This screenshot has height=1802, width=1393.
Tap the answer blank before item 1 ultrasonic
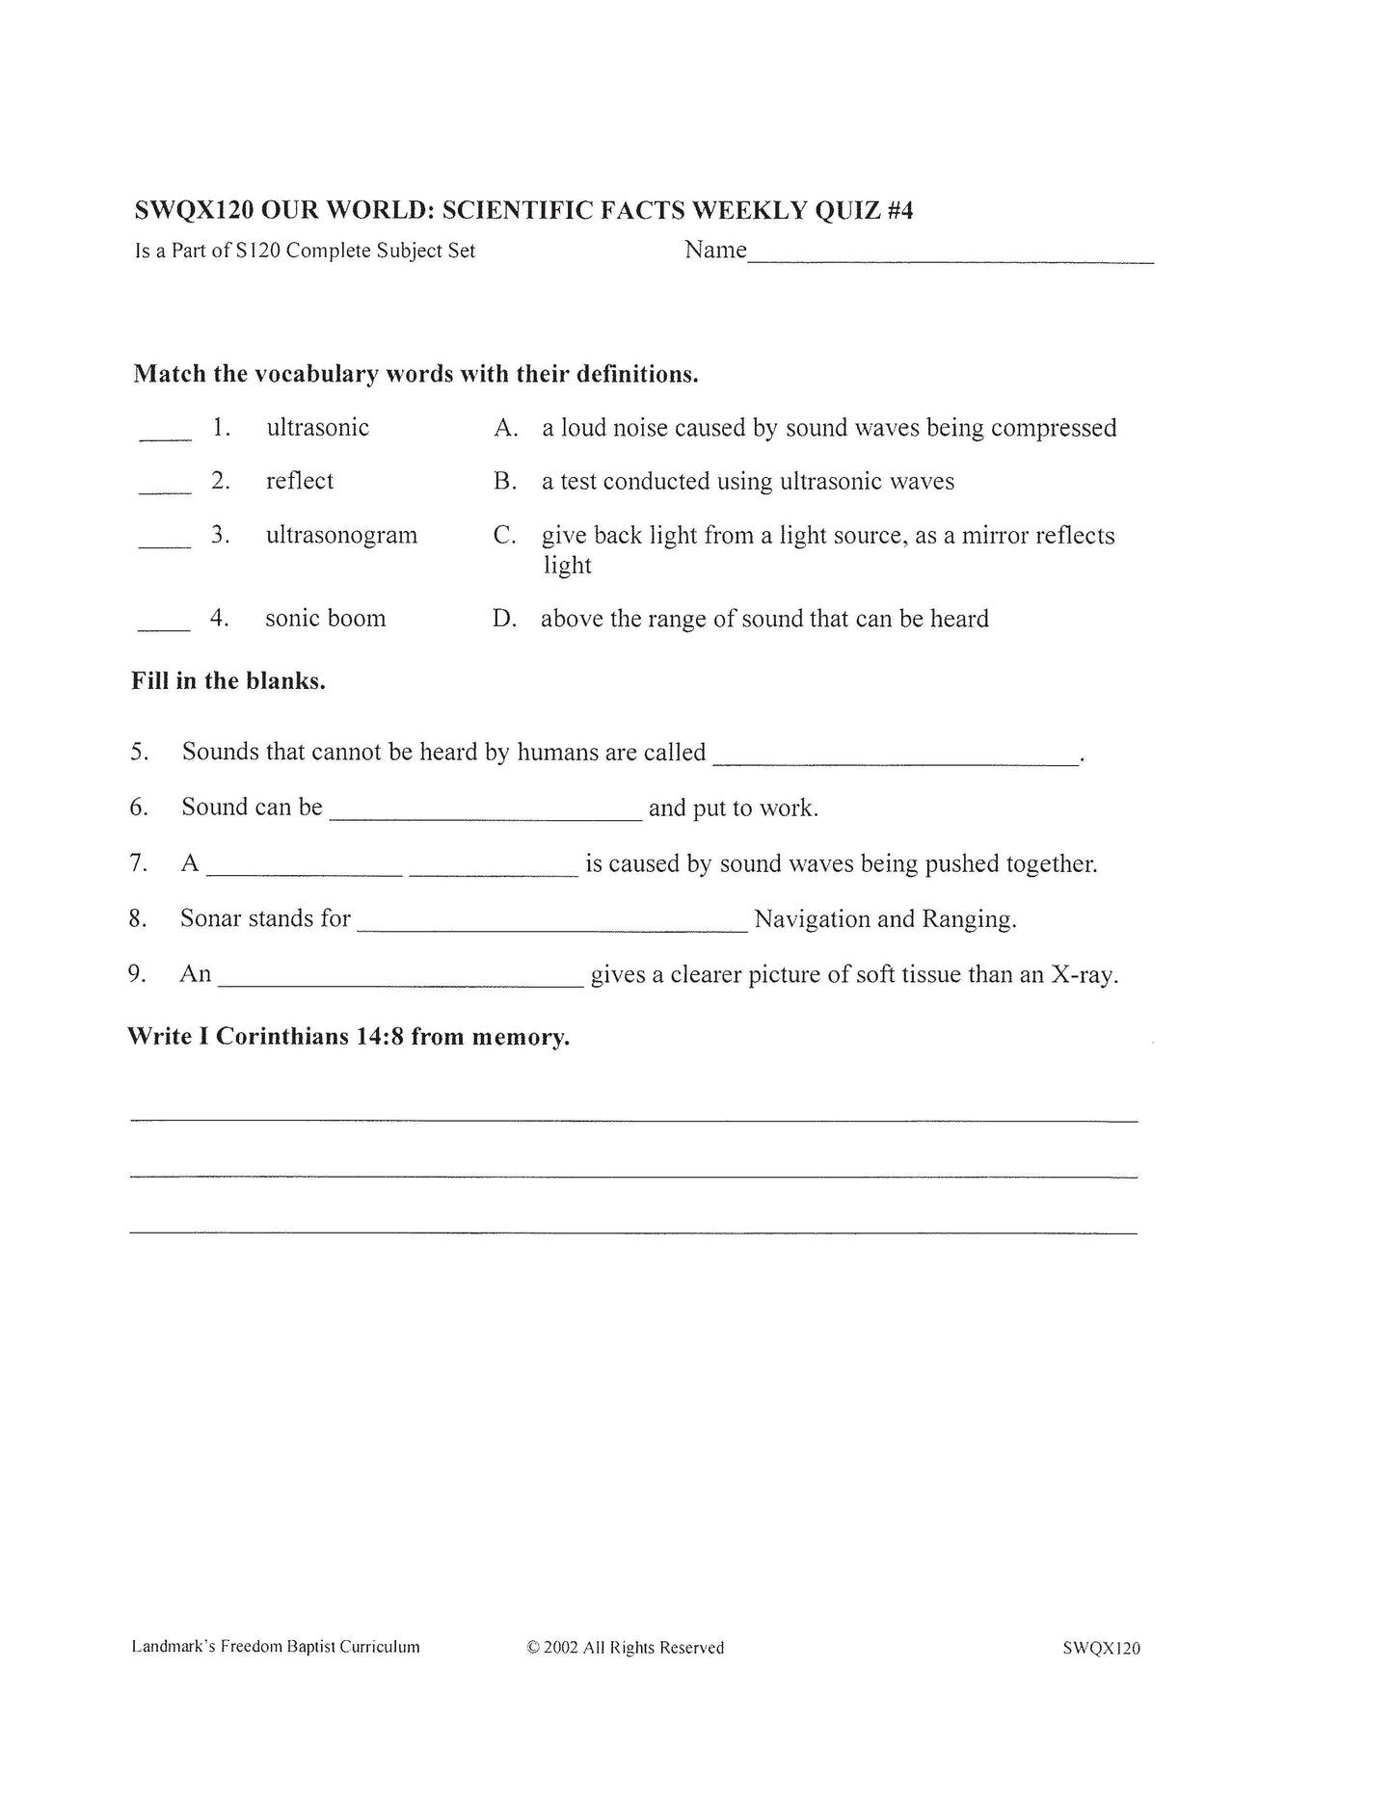(166, 438)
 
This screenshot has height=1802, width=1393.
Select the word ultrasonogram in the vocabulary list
(341, 535)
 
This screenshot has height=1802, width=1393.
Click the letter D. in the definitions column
(504, 619)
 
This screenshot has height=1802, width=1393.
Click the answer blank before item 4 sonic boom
(164, 629)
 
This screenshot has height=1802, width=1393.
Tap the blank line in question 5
(896, 762)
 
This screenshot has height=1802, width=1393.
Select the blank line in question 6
(485, 818)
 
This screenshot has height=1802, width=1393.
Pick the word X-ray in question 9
(1084, 974)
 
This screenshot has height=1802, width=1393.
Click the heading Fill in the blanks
(228, 681)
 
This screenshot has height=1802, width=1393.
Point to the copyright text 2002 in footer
(560, 1648)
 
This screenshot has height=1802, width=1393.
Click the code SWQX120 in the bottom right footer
(1101, 1648)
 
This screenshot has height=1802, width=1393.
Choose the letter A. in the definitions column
(506, 428)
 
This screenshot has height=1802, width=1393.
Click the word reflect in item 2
(300, 481)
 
